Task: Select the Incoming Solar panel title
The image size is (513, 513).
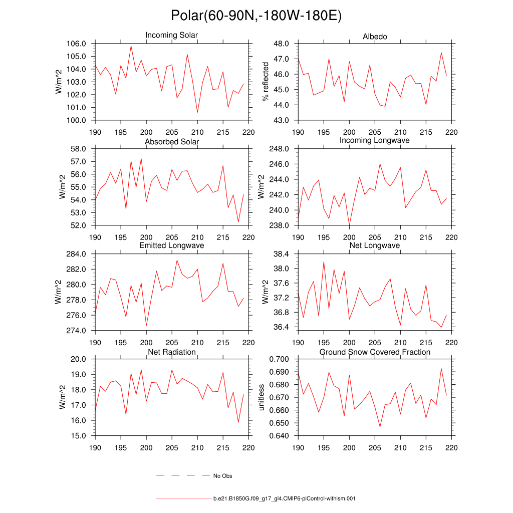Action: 171,36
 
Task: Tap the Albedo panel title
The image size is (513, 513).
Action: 375,37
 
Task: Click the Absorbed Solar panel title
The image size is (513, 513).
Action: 172,142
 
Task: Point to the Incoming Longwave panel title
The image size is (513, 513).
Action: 374,140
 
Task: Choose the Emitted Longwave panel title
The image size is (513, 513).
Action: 172,245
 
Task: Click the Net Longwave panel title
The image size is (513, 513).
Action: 375,245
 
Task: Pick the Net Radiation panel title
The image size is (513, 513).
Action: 172,352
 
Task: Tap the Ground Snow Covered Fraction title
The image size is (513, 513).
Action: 375,352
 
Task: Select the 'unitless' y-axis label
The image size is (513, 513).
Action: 261,397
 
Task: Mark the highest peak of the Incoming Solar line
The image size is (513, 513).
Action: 131,46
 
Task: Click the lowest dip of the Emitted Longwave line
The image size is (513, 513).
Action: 146,326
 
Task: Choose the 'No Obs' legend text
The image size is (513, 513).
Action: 222,476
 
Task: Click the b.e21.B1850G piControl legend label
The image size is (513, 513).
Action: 284,499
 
